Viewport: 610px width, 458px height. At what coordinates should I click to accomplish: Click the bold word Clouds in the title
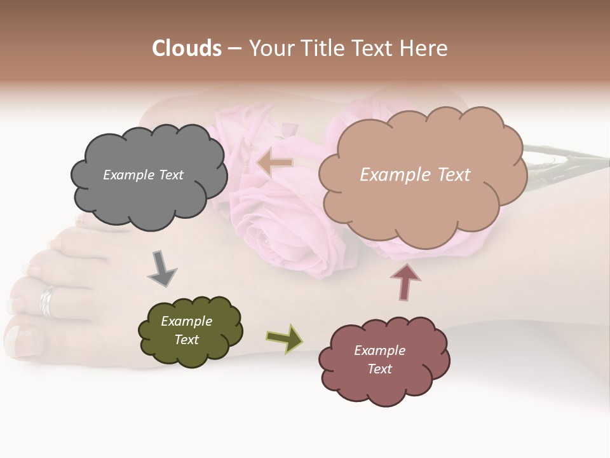(x=187, y=48)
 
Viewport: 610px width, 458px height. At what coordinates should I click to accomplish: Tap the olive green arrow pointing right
(x=284, y=338)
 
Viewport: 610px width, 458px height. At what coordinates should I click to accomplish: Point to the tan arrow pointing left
(x=274, y=163)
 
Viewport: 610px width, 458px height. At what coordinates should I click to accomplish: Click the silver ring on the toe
(x=48, y=302)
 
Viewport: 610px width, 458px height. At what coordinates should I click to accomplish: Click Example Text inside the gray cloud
(x=143, y=175)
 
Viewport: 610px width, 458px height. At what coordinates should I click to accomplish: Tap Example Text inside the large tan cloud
(x=415, y=175)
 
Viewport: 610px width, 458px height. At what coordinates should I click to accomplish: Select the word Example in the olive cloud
(x=186, y=321)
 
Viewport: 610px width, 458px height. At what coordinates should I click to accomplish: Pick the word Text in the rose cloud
(x=379, y=369)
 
